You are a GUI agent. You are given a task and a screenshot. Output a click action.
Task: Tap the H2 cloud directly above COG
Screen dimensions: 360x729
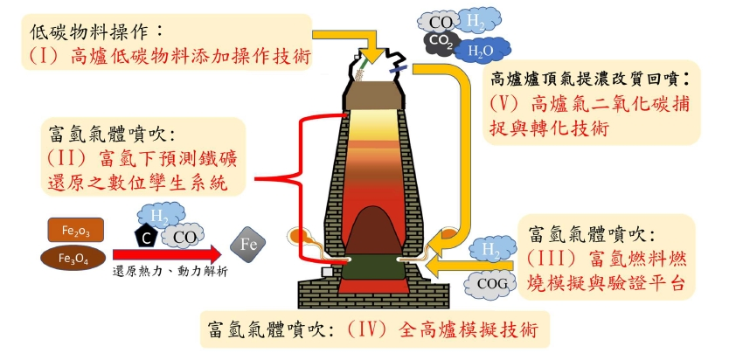click(x=492, y=251)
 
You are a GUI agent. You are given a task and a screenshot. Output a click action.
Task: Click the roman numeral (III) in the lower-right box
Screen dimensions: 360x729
click(x=549, y=260)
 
